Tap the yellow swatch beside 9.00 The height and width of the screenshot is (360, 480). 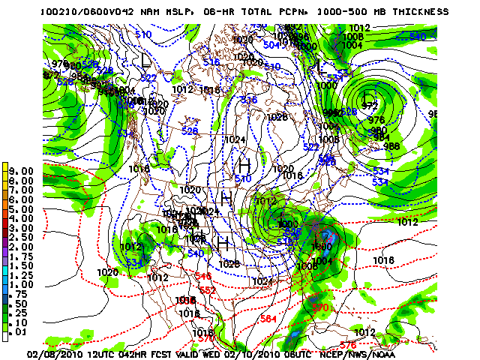pos(6,171)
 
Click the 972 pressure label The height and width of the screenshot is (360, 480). pos(369,106)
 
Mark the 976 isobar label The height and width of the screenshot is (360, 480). pos(376,120)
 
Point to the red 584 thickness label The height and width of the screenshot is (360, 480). pos(268,319)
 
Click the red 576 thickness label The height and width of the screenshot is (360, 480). pos(347,344)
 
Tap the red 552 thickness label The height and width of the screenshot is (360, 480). pos(208,289)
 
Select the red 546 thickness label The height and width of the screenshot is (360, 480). pos(202,277)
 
